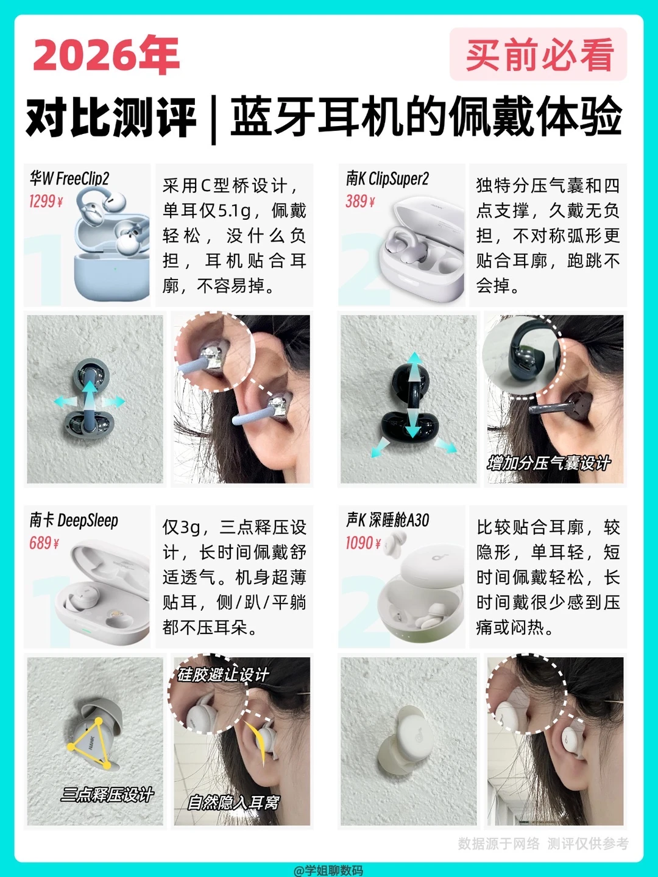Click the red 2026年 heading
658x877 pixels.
pyautogui.click(x=106, y=55)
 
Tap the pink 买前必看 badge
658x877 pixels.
pyautogui.click(x=538, y=54)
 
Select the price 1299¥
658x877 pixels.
pyautogui.click(x=46, y=202)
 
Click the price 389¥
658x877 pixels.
pyautogui.click(x=360, y=201)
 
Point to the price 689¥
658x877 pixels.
pyautogui.click(x=44, y=543)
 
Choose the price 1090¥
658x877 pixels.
pyautogui.click(x=363, y=543)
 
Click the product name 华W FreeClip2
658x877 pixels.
pyautogui.click(x=69, y=178)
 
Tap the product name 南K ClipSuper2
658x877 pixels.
pyautogui.click(x=387, y=178)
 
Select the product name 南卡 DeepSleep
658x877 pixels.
pyautogui.click(x=74, y=520)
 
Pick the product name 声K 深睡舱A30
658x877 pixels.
pyautogui.click(x=387, y=520)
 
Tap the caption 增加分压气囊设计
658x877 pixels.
pyautogui.click(x=549, y=463)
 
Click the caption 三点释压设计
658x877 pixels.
pyautogui.click(x=107, y=795)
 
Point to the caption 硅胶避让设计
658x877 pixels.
pyautogui.click(x=223, y=675)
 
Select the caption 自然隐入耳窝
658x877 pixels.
pyautogui.click(x=234, y=802)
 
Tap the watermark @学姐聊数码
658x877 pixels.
pyautogui.click(x=328, y=870)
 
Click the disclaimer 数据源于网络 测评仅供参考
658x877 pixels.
pyautogui.click(x=543, y=844)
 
